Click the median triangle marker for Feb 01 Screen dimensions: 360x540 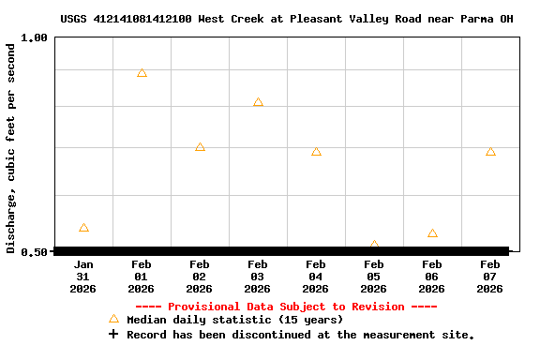pos(142,73)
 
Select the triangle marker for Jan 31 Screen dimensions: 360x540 pos(83,228)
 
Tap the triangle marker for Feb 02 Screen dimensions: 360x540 pos(200,147)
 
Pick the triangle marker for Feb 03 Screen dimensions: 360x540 pos(258,102)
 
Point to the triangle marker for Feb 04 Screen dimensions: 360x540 pos(316,151)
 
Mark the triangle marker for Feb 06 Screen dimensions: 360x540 pos(432,233)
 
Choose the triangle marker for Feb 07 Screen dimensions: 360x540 pos(490,151)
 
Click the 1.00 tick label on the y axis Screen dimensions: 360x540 pos(34,37)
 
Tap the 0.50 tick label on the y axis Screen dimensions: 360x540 pos(34,251)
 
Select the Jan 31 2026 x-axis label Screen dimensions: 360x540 pos(83,277)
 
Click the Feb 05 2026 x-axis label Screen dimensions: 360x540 pos(374,277)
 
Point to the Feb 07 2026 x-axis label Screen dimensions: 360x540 pos(490,277)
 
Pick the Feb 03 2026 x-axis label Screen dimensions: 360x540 pos(258,277)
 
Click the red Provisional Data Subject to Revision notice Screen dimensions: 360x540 pos(286,307)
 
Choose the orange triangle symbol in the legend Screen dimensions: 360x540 pos(113,319)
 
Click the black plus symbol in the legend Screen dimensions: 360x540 pos(113,334)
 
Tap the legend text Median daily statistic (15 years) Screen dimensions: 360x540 pos(235,320)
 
